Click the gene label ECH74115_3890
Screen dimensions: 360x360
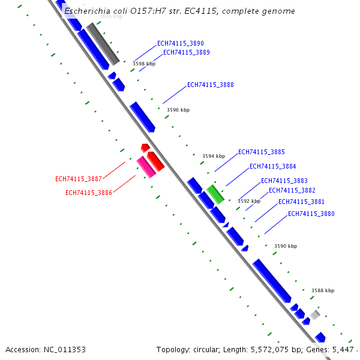(x=180, y=43)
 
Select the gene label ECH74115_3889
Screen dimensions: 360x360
(x=186, y=52)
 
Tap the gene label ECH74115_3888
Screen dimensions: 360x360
(x=210, y=85)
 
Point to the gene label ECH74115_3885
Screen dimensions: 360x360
(x=261, y=152)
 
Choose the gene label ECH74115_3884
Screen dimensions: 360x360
(x=272, y=166)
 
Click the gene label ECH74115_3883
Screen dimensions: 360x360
(x=284, y=181)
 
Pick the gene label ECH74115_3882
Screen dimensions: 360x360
(x=292, y=190)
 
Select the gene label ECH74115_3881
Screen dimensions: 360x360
(x=301, y=202)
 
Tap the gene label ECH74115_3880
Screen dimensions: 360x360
(x=311, y=214)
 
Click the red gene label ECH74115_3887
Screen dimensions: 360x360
(x=78, y=179)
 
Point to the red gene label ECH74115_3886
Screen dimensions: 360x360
(x=88, y=193)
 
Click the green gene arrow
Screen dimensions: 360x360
(x=215, y=194)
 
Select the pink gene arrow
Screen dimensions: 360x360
(x=146, y=167)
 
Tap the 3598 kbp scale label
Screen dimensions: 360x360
(x=144, y=64)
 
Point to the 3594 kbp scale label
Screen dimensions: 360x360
(x=213, y=156)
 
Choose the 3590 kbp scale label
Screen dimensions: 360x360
(x=285, y=246)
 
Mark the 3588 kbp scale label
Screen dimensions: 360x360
(x=322, y=290)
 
